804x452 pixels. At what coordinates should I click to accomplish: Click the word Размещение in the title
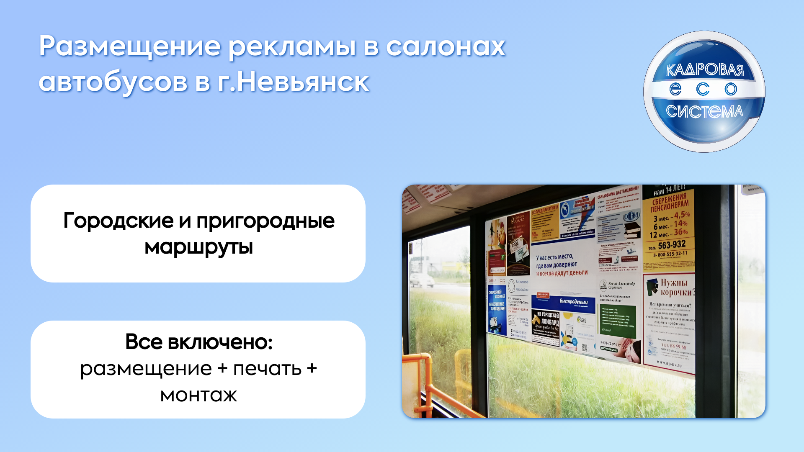130,47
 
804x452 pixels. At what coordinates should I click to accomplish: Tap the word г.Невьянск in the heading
293,82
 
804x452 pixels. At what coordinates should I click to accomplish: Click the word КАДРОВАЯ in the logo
705,70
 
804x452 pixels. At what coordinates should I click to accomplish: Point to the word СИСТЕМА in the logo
704,111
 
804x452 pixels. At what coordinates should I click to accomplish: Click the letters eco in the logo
703,89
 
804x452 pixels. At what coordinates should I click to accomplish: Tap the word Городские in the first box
118,221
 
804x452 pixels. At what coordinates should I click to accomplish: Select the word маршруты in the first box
198,247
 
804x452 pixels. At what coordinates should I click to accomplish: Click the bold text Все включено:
198,342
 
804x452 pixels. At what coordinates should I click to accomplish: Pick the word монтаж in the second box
198,395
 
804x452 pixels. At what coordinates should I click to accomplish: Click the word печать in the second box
267,369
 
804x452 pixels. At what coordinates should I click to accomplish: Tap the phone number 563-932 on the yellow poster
671,245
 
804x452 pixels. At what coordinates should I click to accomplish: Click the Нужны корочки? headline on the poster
676,287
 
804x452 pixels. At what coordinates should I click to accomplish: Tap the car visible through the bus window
421,280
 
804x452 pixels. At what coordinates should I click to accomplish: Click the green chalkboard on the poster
618,321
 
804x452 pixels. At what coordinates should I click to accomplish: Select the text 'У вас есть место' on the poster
554,257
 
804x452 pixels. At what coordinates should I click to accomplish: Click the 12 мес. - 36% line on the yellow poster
669,234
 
